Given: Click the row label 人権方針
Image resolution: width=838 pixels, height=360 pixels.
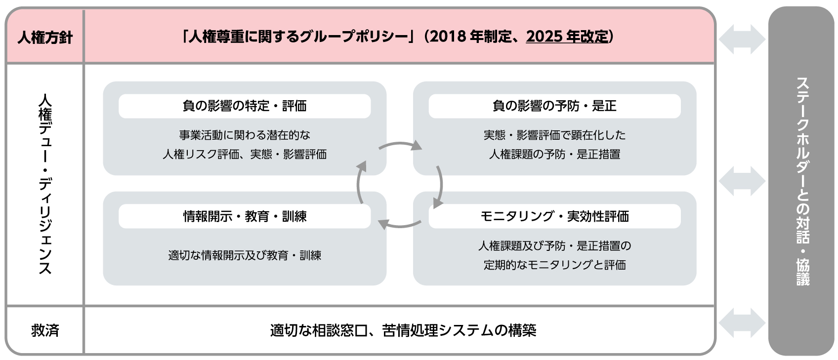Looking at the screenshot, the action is [45, 38].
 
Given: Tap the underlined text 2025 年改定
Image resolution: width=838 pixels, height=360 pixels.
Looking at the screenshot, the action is [567, 37].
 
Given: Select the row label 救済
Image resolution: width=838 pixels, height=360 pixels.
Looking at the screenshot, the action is [45, 330].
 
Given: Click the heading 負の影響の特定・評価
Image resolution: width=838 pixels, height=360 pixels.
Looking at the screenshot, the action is [245, 106].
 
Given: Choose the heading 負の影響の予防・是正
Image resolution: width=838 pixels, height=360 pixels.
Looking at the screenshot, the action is [554, 106].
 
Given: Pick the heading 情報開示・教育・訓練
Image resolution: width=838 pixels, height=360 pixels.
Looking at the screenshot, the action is [245, 216].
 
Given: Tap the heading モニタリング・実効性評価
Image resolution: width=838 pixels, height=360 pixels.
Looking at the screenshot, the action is [554, 216].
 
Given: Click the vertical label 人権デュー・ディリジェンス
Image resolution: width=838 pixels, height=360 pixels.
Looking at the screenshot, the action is [45, 184].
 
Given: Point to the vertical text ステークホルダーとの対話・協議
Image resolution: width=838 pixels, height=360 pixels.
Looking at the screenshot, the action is [803, 181].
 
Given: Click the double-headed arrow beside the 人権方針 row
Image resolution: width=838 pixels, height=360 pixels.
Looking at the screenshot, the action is [742, 39].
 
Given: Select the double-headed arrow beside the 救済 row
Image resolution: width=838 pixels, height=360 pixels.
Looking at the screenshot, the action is [742, 323].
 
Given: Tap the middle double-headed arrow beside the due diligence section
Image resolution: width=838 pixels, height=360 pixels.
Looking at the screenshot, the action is [742, 181].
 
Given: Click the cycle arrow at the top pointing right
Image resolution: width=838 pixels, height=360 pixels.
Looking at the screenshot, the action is [400, 143].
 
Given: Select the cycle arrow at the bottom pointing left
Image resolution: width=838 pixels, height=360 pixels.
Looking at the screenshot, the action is [400, 226].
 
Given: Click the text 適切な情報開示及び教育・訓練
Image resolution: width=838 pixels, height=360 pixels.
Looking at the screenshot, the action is [245, 255].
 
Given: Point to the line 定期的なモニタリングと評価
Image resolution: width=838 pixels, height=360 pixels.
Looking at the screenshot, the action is [554, 265].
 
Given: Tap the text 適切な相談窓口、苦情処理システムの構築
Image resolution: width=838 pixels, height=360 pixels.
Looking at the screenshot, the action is [403, 330].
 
